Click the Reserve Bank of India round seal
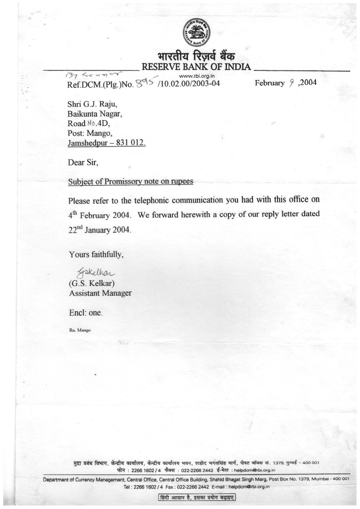(197, 32)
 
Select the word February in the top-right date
(269, 83)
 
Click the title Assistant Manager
(100, 293)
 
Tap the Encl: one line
(86, 313)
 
